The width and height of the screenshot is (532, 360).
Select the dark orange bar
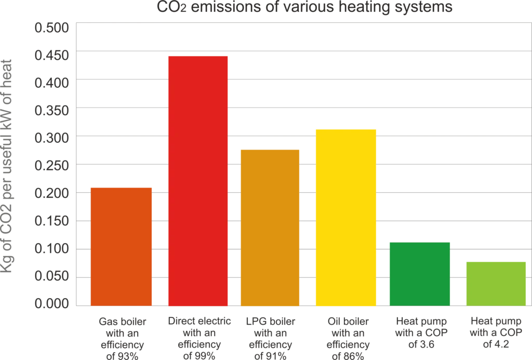(x=122, y=246)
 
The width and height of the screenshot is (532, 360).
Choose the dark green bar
(x=420, y=274)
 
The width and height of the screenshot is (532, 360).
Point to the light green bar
(x=496, y=283)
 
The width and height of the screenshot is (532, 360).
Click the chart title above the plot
(x=303, y=6)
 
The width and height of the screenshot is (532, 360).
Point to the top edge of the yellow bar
(x=346, y=129)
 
